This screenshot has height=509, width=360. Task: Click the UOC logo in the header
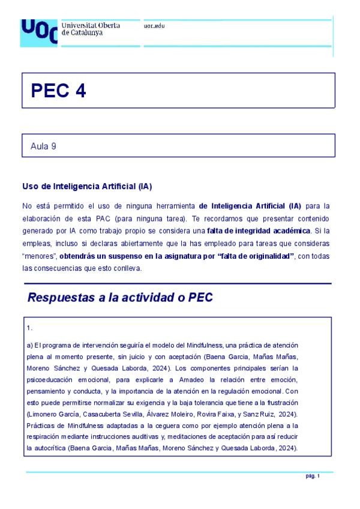click(39, 32)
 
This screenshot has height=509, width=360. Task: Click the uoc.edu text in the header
click(154, 26)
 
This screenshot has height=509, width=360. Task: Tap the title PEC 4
click(58, 91)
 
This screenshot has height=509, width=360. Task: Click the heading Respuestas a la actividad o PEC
click(120, 298)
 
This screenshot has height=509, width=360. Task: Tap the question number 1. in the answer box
click(29, 328)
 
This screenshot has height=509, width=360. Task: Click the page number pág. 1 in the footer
click(313, 476)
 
